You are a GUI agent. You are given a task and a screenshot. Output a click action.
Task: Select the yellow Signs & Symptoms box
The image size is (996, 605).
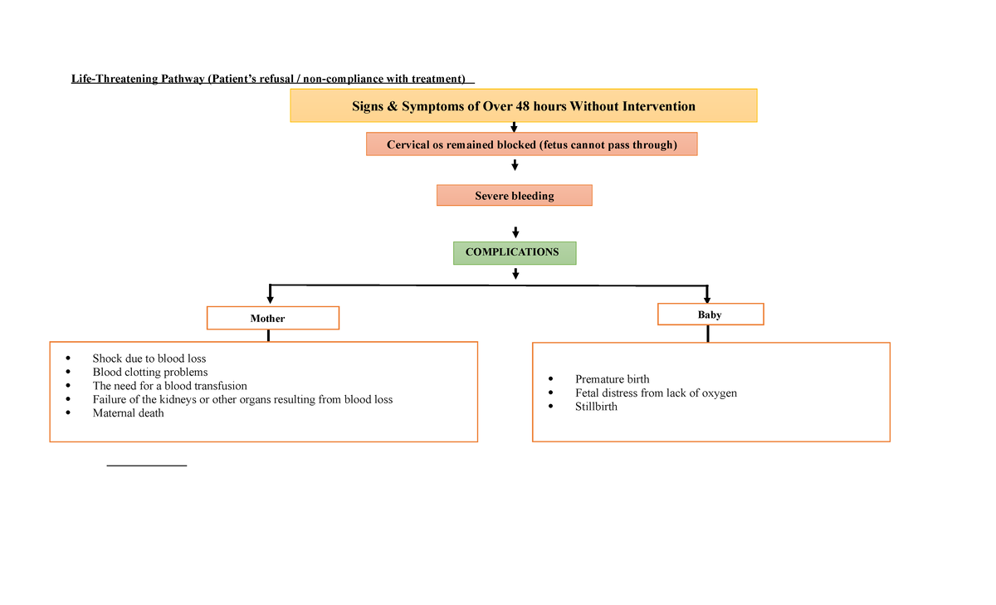point(523,105)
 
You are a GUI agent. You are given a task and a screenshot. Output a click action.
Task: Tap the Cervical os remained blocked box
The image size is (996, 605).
point(531,144)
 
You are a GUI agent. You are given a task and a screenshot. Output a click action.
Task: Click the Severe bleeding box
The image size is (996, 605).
point(514,196)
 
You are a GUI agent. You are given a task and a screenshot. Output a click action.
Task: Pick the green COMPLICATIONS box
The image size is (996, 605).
point(514,252)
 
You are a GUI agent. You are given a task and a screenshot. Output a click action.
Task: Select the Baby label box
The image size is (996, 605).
point(710,315)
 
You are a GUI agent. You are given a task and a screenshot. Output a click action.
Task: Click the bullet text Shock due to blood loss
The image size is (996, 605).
point(149,359)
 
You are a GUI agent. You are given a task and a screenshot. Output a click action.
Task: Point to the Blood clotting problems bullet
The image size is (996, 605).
point(149,372)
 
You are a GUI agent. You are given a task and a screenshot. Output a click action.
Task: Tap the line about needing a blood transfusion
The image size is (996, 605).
point(169,386)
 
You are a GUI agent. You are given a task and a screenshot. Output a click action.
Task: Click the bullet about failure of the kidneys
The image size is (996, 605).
point(242,399)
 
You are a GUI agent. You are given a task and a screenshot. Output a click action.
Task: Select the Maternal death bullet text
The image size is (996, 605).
point(128,413)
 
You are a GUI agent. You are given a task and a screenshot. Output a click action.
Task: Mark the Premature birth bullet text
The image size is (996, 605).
point(612,379)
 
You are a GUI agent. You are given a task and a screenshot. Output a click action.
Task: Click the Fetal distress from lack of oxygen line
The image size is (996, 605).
point(655,393)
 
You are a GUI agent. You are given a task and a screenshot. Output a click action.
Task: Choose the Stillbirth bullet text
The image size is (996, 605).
point(596,407)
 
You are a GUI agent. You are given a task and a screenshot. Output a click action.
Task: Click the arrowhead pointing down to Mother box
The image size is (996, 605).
point(270,298)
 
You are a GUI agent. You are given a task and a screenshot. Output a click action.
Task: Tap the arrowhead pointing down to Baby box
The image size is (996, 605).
point(706,297)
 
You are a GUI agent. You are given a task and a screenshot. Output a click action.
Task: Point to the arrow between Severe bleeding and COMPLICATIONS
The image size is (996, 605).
point(515,232)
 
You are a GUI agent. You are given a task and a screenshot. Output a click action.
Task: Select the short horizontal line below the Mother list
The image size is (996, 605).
point(147,466)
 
